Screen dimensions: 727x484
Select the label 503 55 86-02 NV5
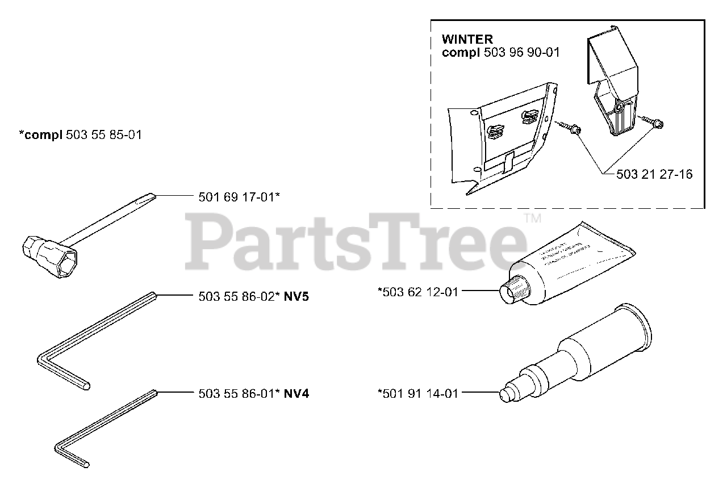(x=254, y=296)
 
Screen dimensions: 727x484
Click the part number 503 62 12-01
(x=418, y=292)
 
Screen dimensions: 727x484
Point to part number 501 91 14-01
(x=417, y=392)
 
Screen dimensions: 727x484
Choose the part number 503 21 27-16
(x=654, y=174)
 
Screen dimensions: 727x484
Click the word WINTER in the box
(x=467, y=40)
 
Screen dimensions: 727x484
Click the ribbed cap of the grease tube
(x=514, y=290)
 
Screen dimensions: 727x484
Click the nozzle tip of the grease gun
(x=504, y=395)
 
